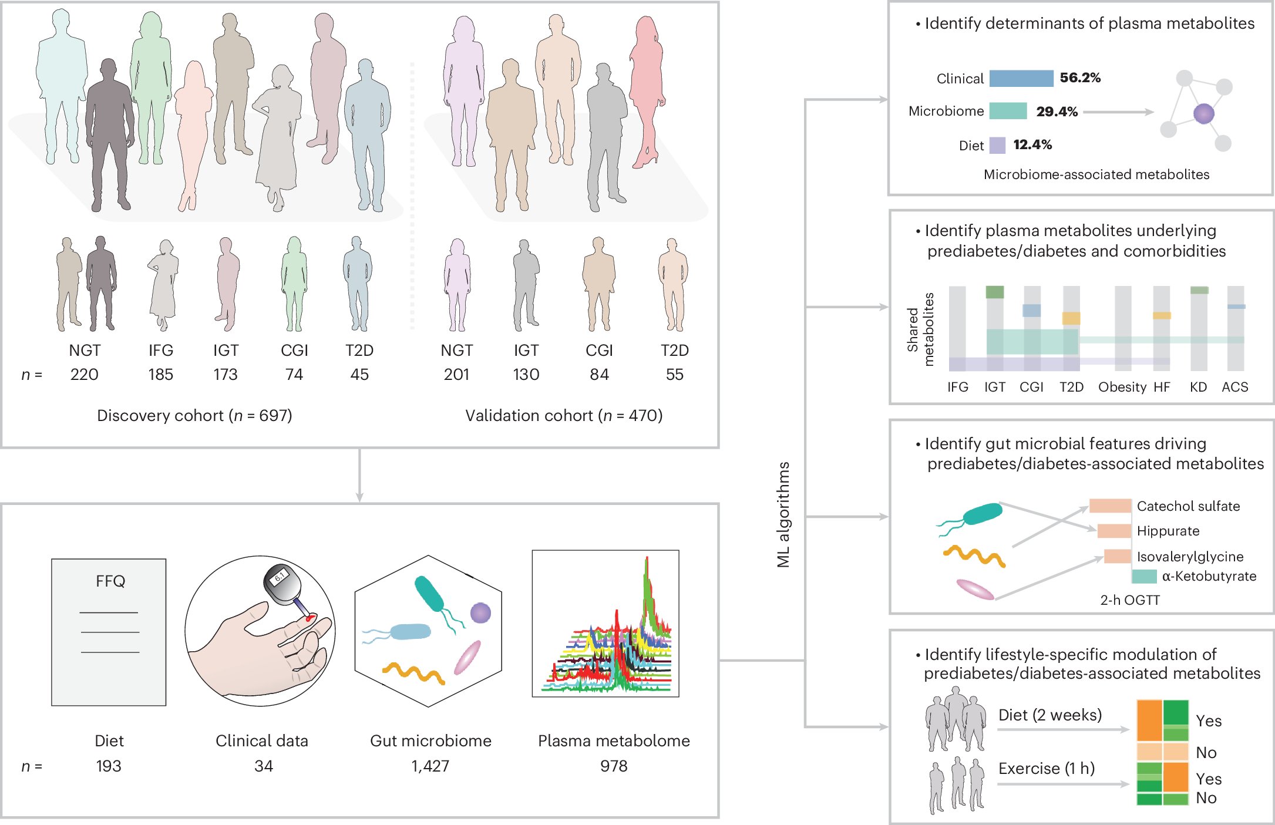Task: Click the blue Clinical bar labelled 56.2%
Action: coord(1021,78)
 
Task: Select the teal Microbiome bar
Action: coord(1008,111)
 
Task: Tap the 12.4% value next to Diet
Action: coord(1032,145)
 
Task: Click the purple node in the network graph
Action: coord(1203,113)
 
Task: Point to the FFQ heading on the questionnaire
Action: coord(110,581)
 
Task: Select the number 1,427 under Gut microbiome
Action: coord(430,766)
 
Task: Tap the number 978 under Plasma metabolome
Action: coord(614,766)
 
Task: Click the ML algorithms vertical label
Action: coord(783,514)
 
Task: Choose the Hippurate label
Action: coord(1168,531)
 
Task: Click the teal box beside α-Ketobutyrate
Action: coord(1143,577)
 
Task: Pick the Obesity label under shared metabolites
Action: coord(1122,387)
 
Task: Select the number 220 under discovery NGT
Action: coord(85,375)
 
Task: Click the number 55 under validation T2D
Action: coord(674,375)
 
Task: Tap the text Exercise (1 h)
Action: coord(1047,769)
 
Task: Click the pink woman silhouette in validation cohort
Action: coord(646,88)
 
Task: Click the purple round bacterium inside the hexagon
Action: coord(480,613)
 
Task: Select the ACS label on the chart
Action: coord(1234,387)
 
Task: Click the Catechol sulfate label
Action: coord(1188,506)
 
